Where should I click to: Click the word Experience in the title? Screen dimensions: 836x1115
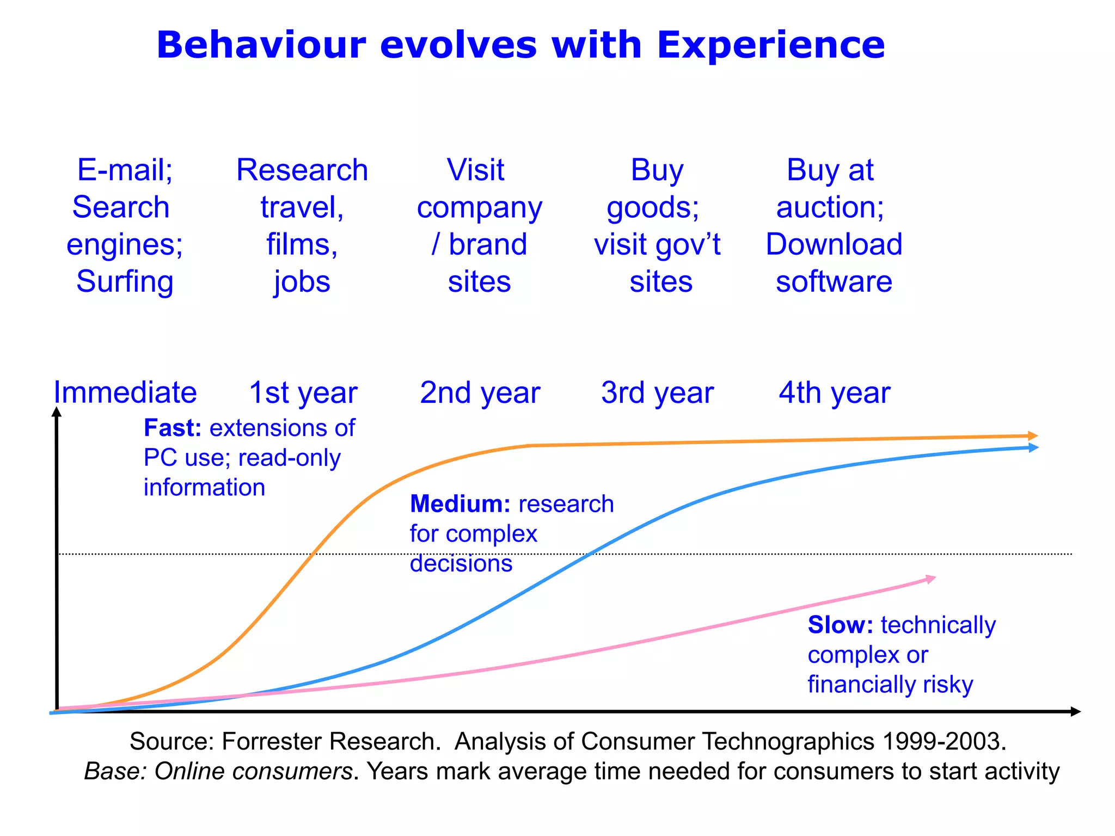[770, 45]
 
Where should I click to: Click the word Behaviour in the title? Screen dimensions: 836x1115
[261, 45]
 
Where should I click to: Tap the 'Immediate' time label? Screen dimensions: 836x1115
[125, 392]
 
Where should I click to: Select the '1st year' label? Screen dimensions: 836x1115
[303, 392]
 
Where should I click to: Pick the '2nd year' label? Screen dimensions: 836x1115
[480, 392]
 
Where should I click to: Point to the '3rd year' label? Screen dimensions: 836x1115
[657, 392]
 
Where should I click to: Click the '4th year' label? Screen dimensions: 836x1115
[834, 392]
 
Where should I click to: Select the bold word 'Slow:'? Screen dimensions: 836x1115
[840, 625]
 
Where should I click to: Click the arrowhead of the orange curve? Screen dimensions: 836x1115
[1033, 436]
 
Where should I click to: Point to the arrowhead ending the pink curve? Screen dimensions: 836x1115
[930, 579]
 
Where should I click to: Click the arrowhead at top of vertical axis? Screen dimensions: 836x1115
[57, 413]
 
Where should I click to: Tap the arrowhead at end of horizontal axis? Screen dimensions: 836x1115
[1075, 711]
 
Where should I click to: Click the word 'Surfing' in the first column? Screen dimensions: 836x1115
[125, 282]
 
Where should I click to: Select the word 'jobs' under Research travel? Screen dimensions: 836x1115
[302, 282]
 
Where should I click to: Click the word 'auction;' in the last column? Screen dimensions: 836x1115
[830, 207]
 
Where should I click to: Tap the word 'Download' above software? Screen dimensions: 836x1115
[834, 244]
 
